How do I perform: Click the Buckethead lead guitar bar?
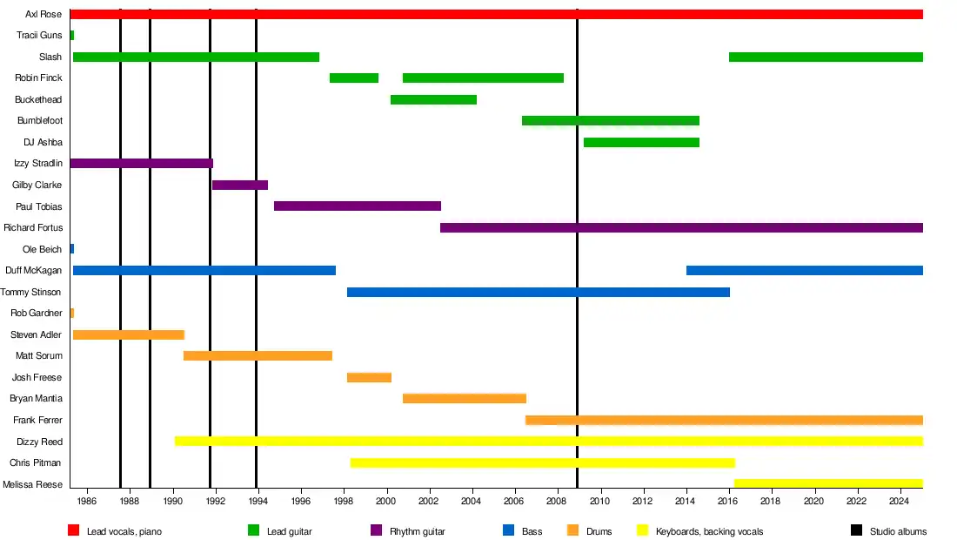[433, 99]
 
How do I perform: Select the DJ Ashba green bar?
[641, 142]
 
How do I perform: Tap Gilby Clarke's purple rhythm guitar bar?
[240, 185]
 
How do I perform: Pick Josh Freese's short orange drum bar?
[369, 377]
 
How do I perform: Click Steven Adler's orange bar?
[129, 334]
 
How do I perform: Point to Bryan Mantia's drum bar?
[464, 398]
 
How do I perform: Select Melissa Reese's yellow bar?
[828, 483]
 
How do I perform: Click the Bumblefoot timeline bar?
[610, 120]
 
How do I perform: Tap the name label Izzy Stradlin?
[37, 163]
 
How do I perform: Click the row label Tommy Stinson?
[31, 292]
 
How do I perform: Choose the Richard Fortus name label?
[32, 227]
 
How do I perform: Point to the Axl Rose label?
[43, 14]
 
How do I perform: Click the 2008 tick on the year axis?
[557, 502]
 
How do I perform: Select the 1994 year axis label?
[258, 502]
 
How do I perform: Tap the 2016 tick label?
[728, 502]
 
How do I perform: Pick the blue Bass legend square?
[508, 530]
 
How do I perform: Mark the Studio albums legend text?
[898, 531]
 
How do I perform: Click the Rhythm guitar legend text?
[417, 531]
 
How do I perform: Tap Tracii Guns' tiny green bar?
[71, 35]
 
